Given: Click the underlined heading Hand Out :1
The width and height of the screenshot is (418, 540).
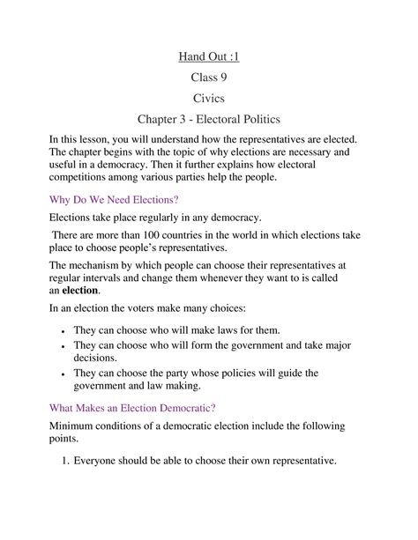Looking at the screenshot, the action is click(x=209, y=58).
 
